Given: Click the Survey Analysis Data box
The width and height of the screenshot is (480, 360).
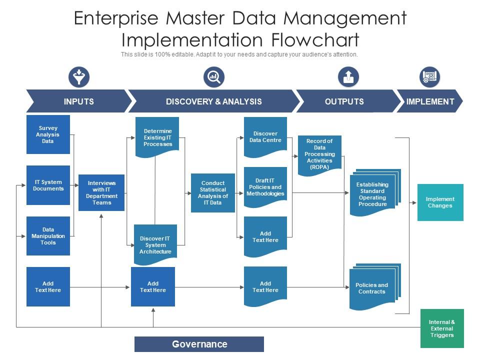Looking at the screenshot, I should pos(48,134).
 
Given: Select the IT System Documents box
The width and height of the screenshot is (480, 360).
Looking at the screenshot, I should pos(48,185).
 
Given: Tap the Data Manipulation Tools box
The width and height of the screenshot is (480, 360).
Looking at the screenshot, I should pos(48,236).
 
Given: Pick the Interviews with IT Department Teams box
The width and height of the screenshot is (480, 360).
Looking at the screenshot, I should pos(101,192).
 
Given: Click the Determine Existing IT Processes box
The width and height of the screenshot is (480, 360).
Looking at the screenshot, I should pos(157,137).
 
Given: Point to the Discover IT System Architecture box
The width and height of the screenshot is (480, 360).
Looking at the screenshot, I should pos(155,244).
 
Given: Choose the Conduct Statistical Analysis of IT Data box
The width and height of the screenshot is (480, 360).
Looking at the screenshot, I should pos(212,192).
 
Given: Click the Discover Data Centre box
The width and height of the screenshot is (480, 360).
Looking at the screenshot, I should pos(265,137).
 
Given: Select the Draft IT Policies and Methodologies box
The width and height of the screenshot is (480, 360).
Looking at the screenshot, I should pos(265,187).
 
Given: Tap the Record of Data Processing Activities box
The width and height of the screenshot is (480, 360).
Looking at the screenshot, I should pos(319,154).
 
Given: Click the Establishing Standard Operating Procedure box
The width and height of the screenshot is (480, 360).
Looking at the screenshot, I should pos(372,194).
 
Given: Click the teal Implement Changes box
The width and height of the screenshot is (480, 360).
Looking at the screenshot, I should pos(440,202).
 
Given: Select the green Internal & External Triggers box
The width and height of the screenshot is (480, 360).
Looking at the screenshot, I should pos(442,328).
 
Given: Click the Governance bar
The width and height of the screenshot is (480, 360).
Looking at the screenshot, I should pos(199,344).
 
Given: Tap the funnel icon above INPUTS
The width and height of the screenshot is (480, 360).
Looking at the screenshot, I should pos(78,77).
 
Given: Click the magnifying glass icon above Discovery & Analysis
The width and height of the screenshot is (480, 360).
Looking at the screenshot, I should pos(214,77).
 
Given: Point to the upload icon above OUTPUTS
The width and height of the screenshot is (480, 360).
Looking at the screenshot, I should pos(348,77).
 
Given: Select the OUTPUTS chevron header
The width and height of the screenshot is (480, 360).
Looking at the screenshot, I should pos(344,101).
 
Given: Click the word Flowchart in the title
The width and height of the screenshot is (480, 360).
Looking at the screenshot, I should pos(308,39).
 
